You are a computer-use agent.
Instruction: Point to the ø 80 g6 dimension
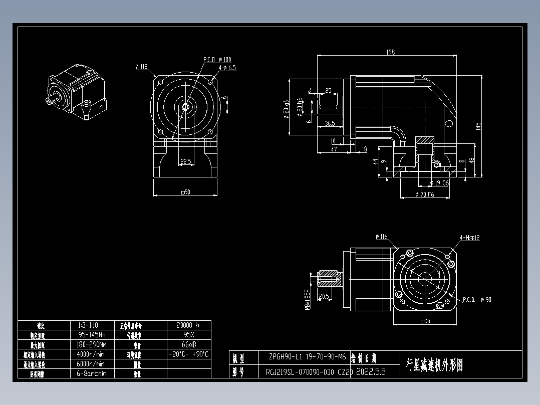286,108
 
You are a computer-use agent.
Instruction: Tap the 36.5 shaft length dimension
329,123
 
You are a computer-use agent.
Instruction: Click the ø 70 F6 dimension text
425,194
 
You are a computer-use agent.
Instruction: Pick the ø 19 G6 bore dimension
439,183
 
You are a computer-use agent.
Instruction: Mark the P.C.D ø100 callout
217,60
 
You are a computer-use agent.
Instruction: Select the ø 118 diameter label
141,66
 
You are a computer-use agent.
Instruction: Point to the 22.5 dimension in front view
186,161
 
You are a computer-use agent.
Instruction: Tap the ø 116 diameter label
381,237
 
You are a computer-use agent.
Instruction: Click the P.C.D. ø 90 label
476,300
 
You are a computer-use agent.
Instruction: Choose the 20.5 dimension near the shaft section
324,296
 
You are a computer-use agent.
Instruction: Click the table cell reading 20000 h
188,325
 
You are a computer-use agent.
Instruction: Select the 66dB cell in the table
188,344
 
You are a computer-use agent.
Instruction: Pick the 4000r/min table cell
91,354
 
